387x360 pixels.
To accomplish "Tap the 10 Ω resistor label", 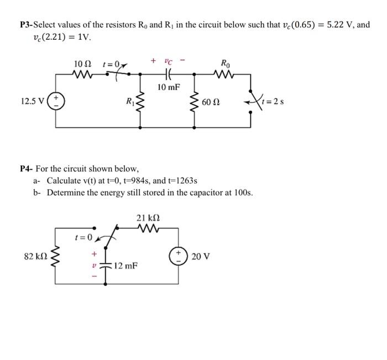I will tap(82, 64).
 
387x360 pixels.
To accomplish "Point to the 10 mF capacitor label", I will tap(169, 87).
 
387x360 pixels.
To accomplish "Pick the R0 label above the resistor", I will tap(225, 62).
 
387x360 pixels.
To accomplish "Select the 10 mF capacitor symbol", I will tap(167, 75).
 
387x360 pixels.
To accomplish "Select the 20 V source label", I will tap(200, 256).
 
